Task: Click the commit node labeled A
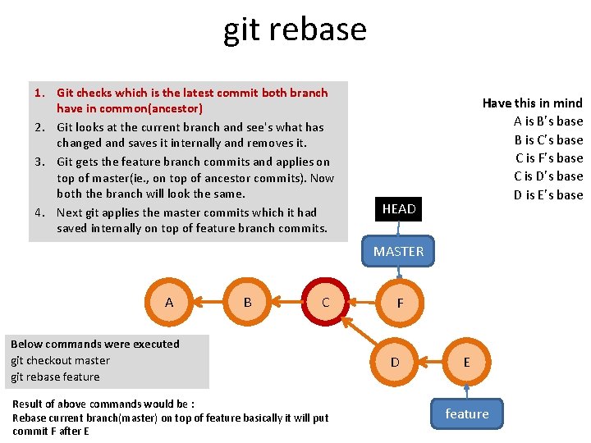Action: point(169,303)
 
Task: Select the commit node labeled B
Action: point(247,303)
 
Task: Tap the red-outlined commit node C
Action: point(325,303)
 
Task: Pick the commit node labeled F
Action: point(399,304)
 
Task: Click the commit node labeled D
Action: point(395,362)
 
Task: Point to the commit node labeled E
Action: point(466,362)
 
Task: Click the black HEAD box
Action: point(399,209)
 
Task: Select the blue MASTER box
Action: point(399,252)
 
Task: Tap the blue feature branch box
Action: point(466,414)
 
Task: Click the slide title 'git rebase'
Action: point(295,30)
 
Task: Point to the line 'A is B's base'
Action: point(547,121)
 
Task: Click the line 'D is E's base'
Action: point(547,195)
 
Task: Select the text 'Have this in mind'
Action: point(532,103)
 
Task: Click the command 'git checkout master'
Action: point(60,361)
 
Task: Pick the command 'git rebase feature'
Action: point(55,377)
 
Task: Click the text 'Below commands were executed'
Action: point(94,345)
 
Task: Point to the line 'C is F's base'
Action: point(548,158)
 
